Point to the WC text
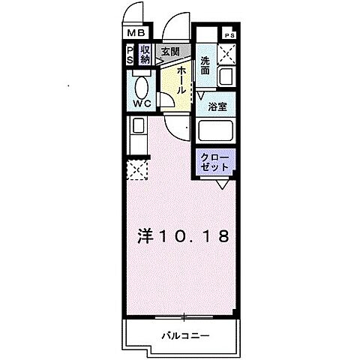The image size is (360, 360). (x=142, y=103)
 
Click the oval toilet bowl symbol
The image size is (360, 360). (x=142, y=84)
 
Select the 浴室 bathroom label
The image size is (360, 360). (x=217, y=106)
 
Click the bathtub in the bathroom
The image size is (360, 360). (x=217, y=133)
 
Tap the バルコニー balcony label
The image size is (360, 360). (x=184, y=335)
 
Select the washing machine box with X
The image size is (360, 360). (x=226, y=55)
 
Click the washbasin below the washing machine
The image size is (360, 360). (x=226, y=76)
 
